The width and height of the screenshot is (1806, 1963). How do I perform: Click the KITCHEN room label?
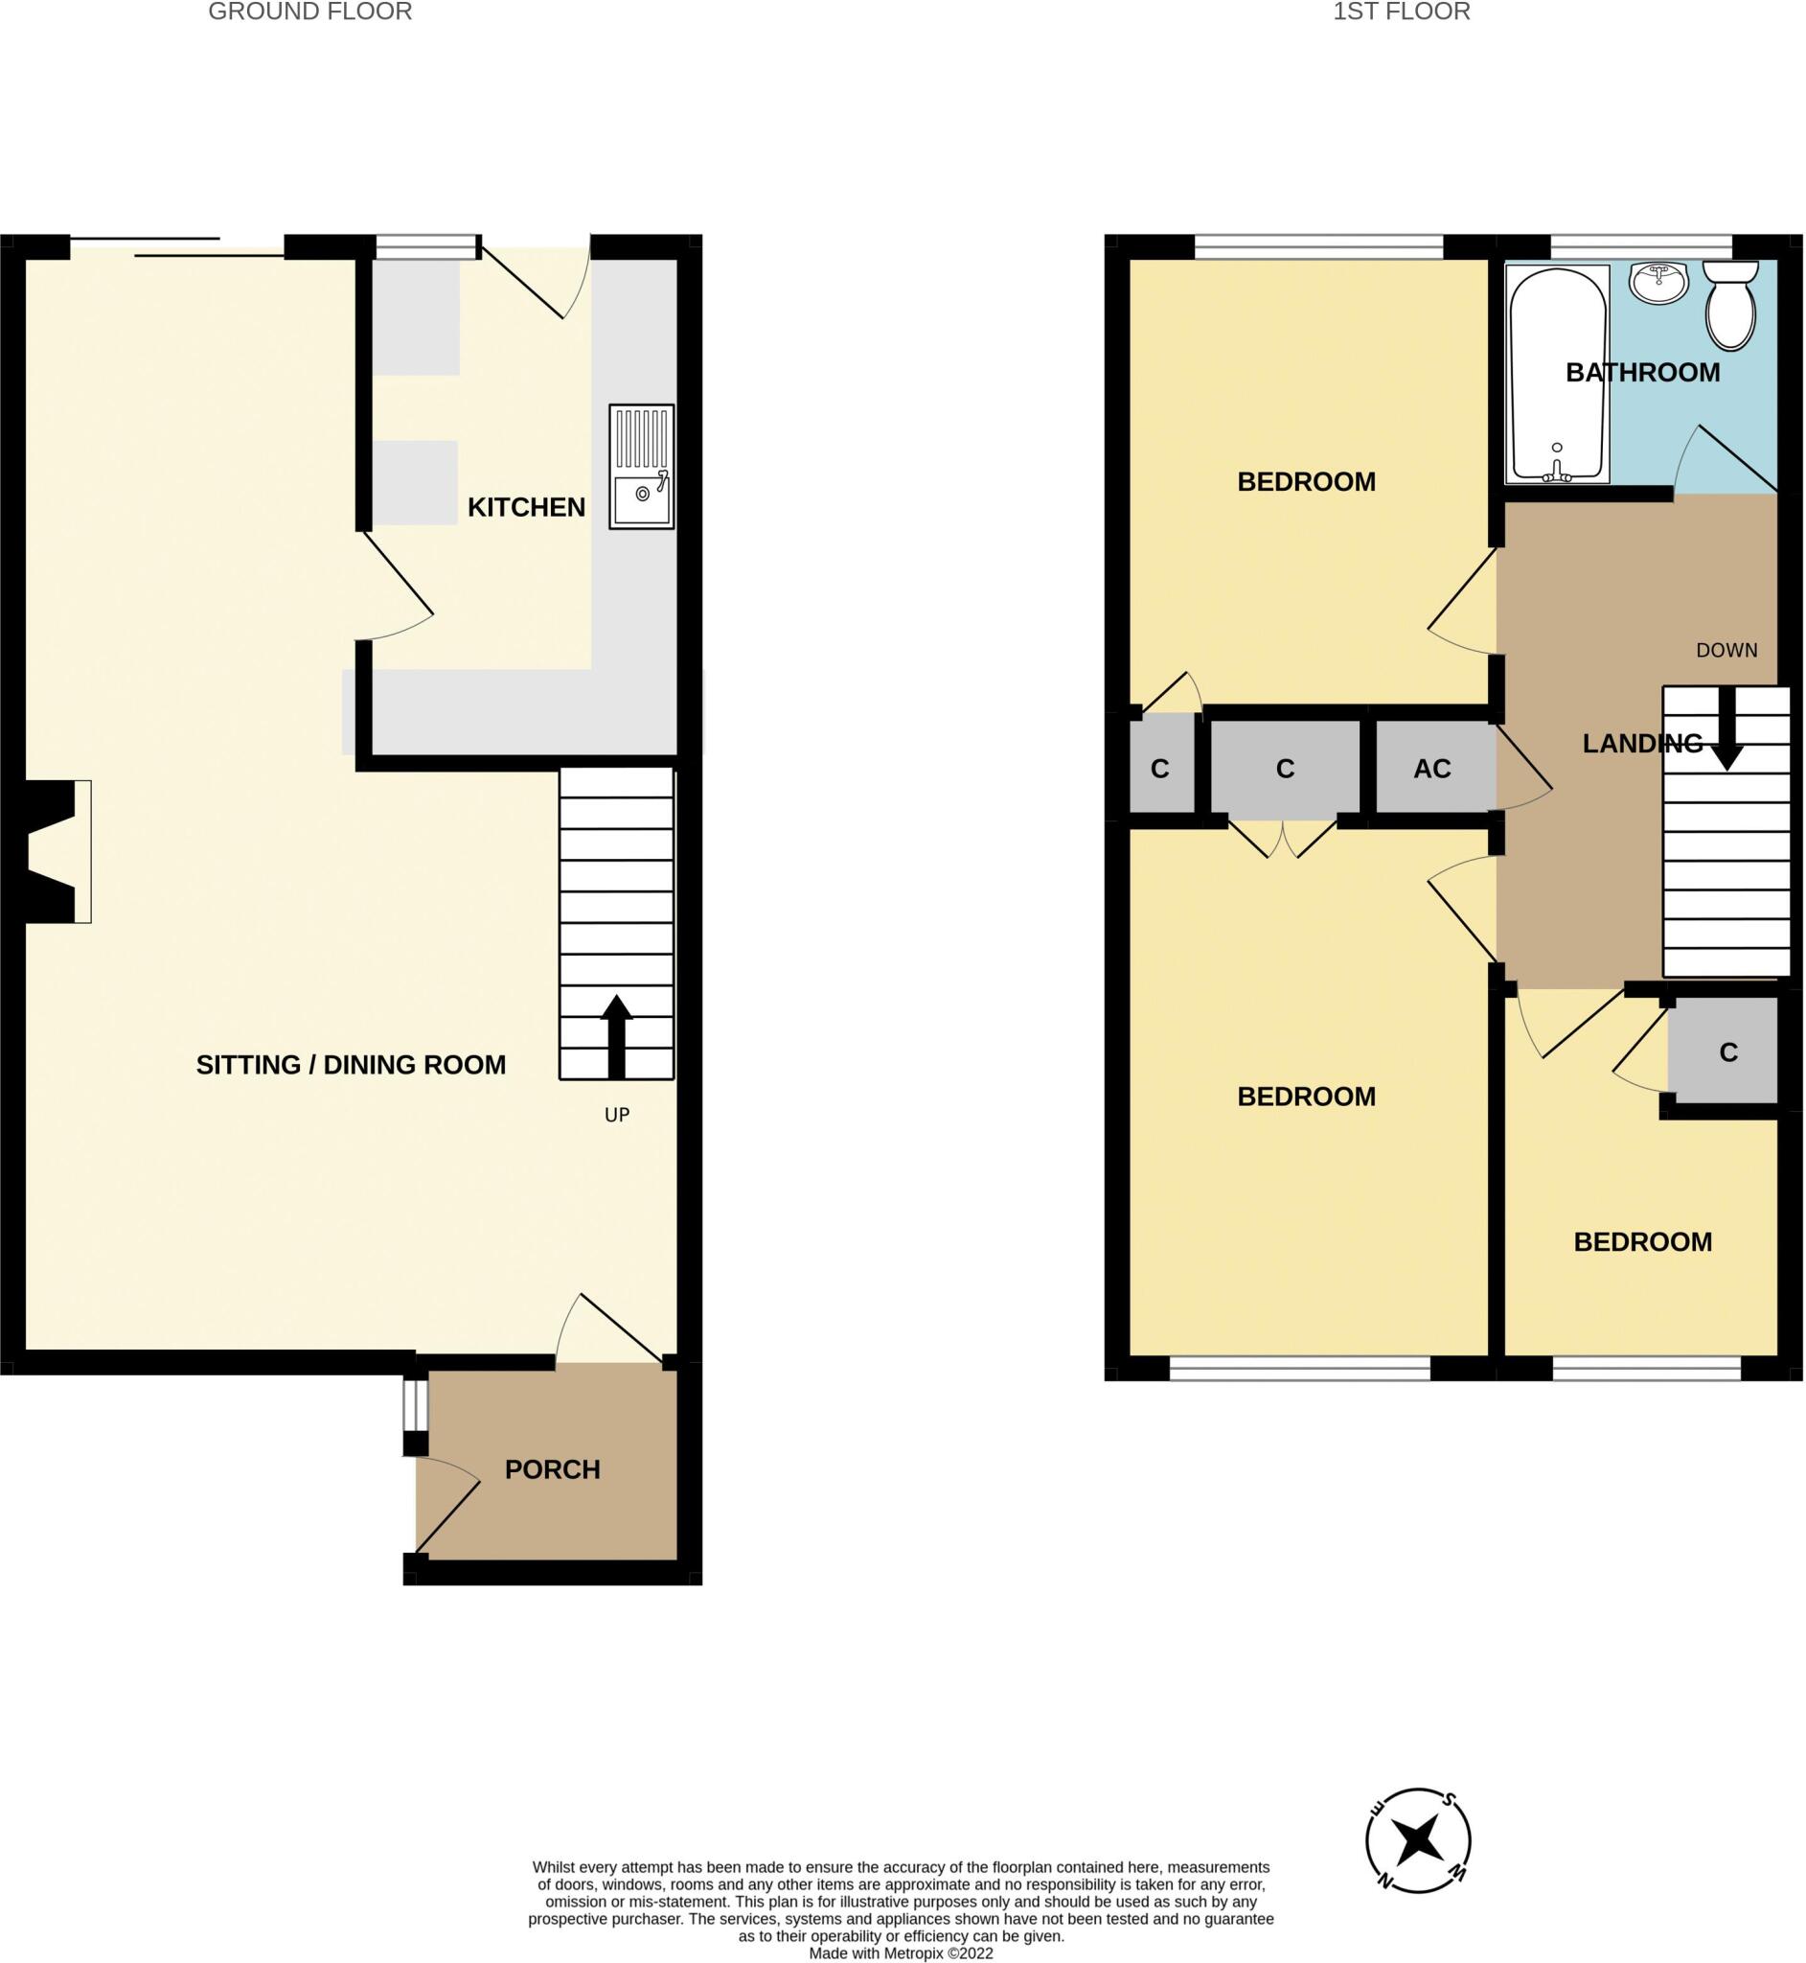pos(526,507)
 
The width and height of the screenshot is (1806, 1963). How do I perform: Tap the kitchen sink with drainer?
pos(641,467)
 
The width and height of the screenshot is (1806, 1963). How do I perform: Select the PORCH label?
pos(552,1469)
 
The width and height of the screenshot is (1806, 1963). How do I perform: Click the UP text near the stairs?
pos(617,1115)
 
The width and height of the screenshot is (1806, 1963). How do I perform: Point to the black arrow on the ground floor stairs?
pos(616,1037)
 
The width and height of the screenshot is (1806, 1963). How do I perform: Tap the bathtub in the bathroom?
pos(1557,375)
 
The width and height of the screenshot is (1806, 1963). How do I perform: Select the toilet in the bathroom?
pos(1729,305)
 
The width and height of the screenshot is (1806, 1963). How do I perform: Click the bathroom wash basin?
pos(1658,283)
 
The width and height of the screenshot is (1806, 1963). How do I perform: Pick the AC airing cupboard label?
pos(1431,770)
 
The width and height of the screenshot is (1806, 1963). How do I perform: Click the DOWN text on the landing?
pos(1726,650)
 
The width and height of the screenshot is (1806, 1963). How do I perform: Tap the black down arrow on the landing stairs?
pos(1726,728)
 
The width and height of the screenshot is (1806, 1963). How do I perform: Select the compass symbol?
pos(1417,1842)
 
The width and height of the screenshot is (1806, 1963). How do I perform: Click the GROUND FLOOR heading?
pos(309,12)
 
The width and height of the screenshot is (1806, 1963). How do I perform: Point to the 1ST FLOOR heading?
pos(1402,12)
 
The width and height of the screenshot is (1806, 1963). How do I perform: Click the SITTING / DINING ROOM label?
pos(351,1065)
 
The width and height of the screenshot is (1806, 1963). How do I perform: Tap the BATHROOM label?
pos(1643,373)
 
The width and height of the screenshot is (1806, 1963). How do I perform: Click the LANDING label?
pos(1643,744)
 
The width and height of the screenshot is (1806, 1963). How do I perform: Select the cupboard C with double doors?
pos(1284,770)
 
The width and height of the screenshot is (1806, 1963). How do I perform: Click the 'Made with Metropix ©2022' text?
pos(901,1953)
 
